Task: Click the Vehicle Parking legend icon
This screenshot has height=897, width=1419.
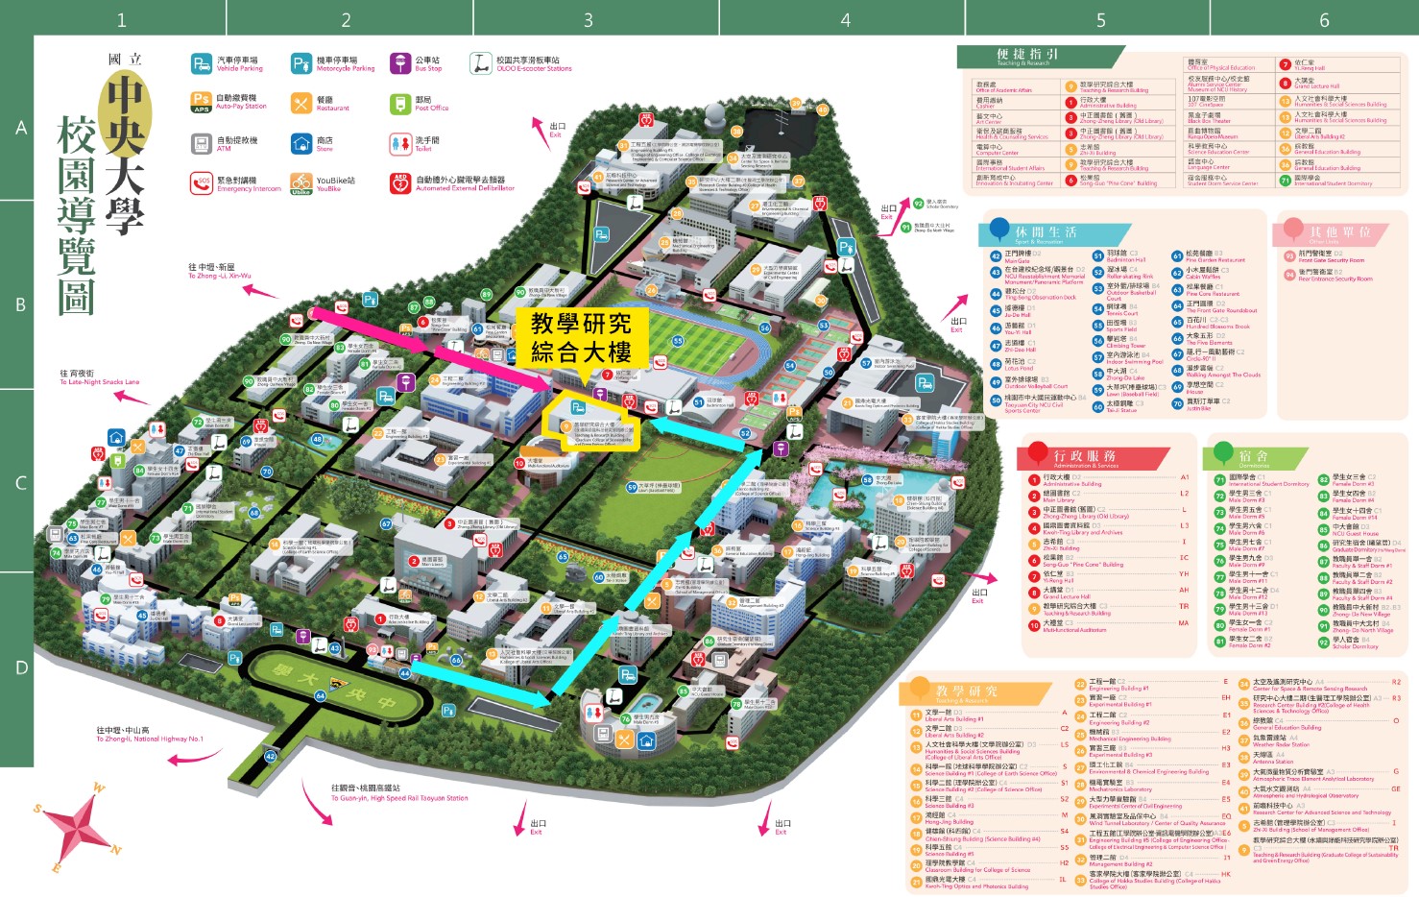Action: click(x=201, y=63)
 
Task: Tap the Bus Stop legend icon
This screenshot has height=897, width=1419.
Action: click(x=399, y=63)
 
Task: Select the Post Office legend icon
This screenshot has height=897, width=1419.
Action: click(x=399, y=104)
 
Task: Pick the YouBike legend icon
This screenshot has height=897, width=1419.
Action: click(x=301, y=183)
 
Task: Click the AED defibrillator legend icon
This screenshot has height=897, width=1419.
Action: click(x=399, y=183)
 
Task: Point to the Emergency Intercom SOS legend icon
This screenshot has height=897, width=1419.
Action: click(x=201, y=183)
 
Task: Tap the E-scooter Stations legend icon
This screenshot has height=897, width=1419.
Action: click(x=480, y=63)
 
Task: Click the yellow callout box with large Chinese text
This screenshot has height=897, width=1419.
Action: click(x=582, y=337)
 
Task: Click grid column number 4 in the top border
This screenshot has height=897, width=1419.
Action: click(x=845, y=19)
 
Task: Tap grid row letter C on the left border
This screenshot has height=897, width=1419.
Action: click(x=20, y=483)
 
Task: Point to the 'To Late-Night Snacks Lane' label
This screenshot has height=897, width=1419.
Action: click(x=99, y=377)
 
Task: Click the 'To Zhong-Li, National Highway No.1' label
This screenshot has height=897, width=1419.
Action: click(x=149, y=735)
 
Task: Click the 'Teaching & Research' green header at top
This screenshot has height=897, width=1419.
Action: click(x=1027, y=56)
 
